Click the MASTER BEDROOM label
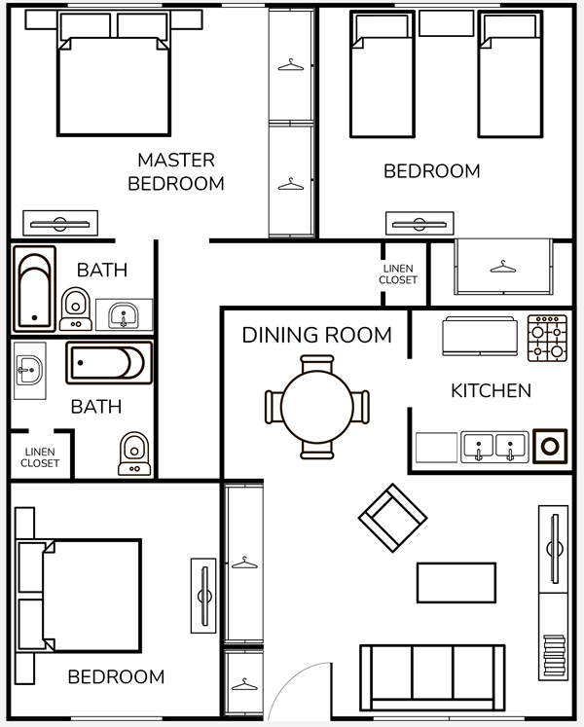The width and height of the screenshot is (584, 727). [x=176, y=171]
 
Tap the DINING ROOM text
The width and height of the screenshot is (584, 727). [x=316, y=335]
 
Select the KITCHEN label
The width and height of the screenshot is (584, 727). [x=491, y=390]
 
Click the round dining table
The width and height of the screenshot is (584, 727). [x=316, y=407]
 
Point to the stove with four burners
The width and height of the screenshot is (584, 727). [x=547, y=338]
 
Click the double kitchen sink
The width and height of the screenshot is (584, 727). [x=494, y=447]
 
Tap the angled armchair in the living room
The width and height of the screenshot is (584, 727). [x=392, y=518]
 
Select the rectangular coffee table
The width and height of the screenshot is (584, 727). [x=456, y=583]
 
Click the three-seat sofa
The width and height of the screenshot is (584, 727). [x=432, y=678]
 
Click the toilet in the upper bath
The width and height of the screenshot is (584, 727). [x=76, y=309]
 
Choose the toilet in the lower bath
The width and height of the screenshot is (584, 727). [x=134, y=454]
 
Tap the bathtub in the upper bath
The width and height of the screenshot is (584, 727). [x=35, y=289]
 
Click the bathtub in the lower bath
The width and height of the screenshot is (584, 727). [x=109, y=363]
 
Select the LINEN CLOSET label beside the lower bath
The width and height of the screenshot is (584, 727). [x=40, y=457]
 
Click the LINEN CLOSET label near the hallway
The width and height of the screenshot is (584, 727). [x=398, y=274]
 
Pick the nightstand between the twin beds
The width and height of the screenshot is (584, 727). [x=446, y=23]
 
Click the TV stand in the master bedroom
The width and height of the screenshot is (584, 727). [x=60, y=224]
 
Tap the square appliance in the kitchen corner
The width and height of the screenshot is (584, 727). [x=550, y=447]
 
